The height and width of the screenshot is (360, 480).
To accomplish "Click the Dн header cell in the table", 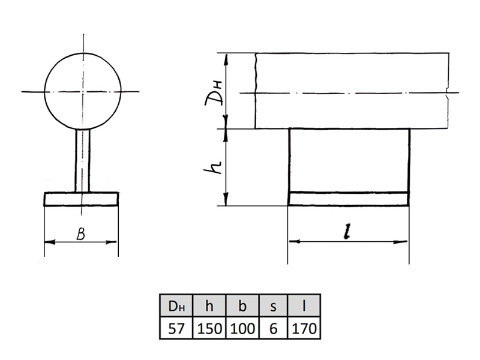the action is point(176,305).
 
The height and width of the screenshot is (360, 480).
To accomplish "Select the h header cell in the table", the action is point(209,305).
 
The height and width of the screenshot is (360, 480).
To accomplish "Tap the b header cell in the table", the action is point(242,305).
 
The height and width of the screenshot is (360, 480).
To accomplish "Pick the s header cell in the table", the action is point(274,305).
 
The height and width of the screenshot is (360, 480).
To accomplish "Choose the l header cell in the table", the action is point(304,305).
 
